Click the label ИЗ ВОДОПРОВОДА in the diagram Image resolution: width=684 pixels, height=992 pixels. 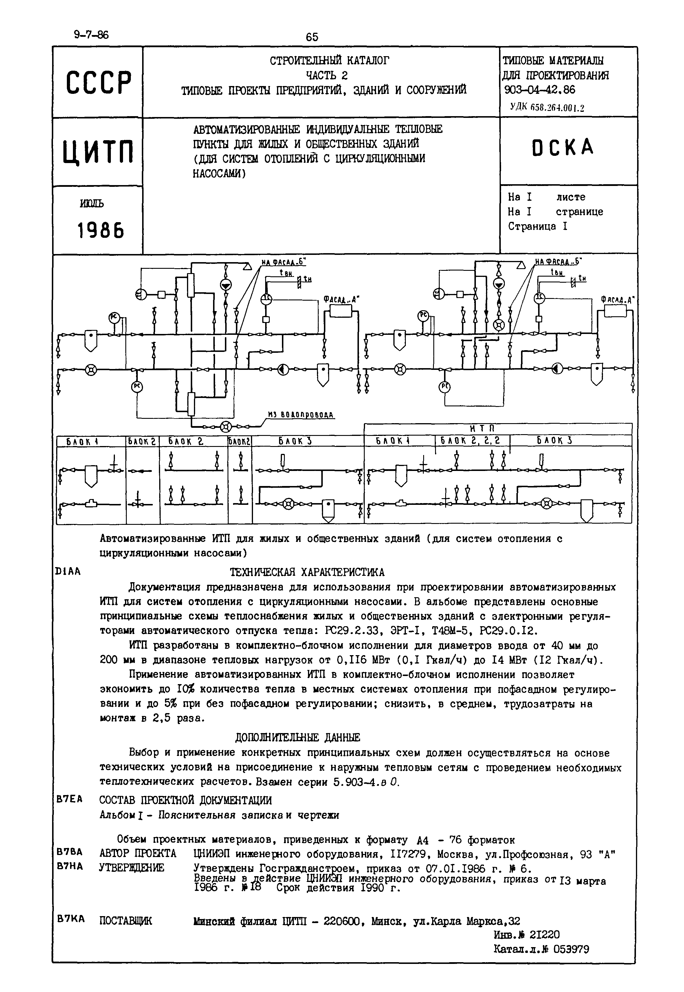pyautogui.click(x=300, y=414)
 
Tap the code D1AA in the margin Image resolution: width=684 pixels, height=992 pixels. pyautogui.click(x=68, y=571)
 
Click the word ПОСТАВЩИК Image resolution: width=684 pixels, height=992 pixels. pyautogui.click(x=126, y=921)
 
